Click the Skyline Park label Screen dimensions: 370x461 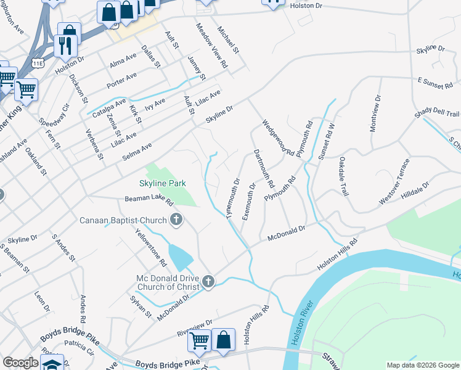(x=163, y=183)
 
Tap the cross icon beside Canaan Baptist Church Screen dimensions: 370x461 (x=176, y=220)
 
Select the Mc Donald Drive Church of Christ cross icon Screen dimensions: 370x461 (x=208, y=282)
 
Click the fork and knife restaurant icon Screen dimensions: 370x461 (x=64, y=44)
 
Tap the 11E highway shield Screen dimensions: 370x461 (x=38, y=63)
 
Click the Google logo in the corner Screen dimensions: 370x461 (x=20, y=363)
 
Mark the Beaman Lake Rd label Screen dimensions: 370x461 (x=149, y=199)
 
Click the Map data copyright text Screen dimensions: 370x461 (x=423, y=365)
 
